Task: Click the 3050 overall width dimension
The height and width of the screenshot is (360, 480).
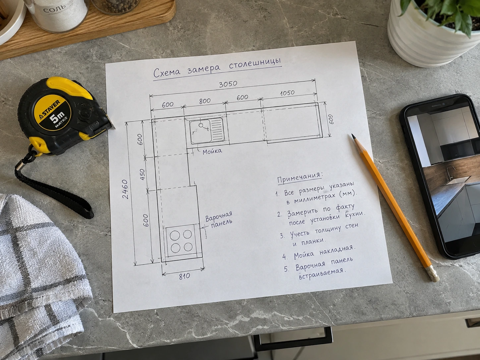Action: click(x=228, y=84)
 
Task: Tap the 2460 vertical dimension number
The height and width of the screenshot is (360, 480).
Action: click(x=125, y=189)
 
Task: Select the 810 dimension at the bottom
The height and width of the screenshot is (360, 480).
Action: click(x=184, y=276)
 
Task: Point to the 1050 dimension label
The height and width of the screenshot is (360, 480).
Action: click(x=287, y=93)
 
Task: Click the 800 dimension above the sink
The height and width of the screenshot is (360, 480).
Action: click(x=205, y=101)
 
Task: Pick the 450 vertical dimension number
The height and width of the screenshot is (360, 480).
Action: click(x=142, y=174)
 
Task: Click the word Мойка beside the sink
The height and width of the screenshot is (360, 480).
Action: click(x=212, y=151)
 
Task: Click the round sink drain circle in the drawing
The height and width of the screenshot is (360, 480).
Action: click(x=201, y=125)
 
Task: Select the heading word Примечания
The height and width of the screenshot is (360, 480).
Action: click(x=300, y=177)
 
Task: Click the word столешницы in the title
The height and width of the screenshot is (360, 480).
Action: click(x=255, y=64)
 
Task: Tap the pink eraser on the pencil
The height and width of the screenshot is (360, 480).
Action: click(x=434, y=275)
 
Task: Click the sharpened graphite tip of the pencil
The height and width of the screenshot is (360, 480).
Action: click(x=353, y=136)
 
